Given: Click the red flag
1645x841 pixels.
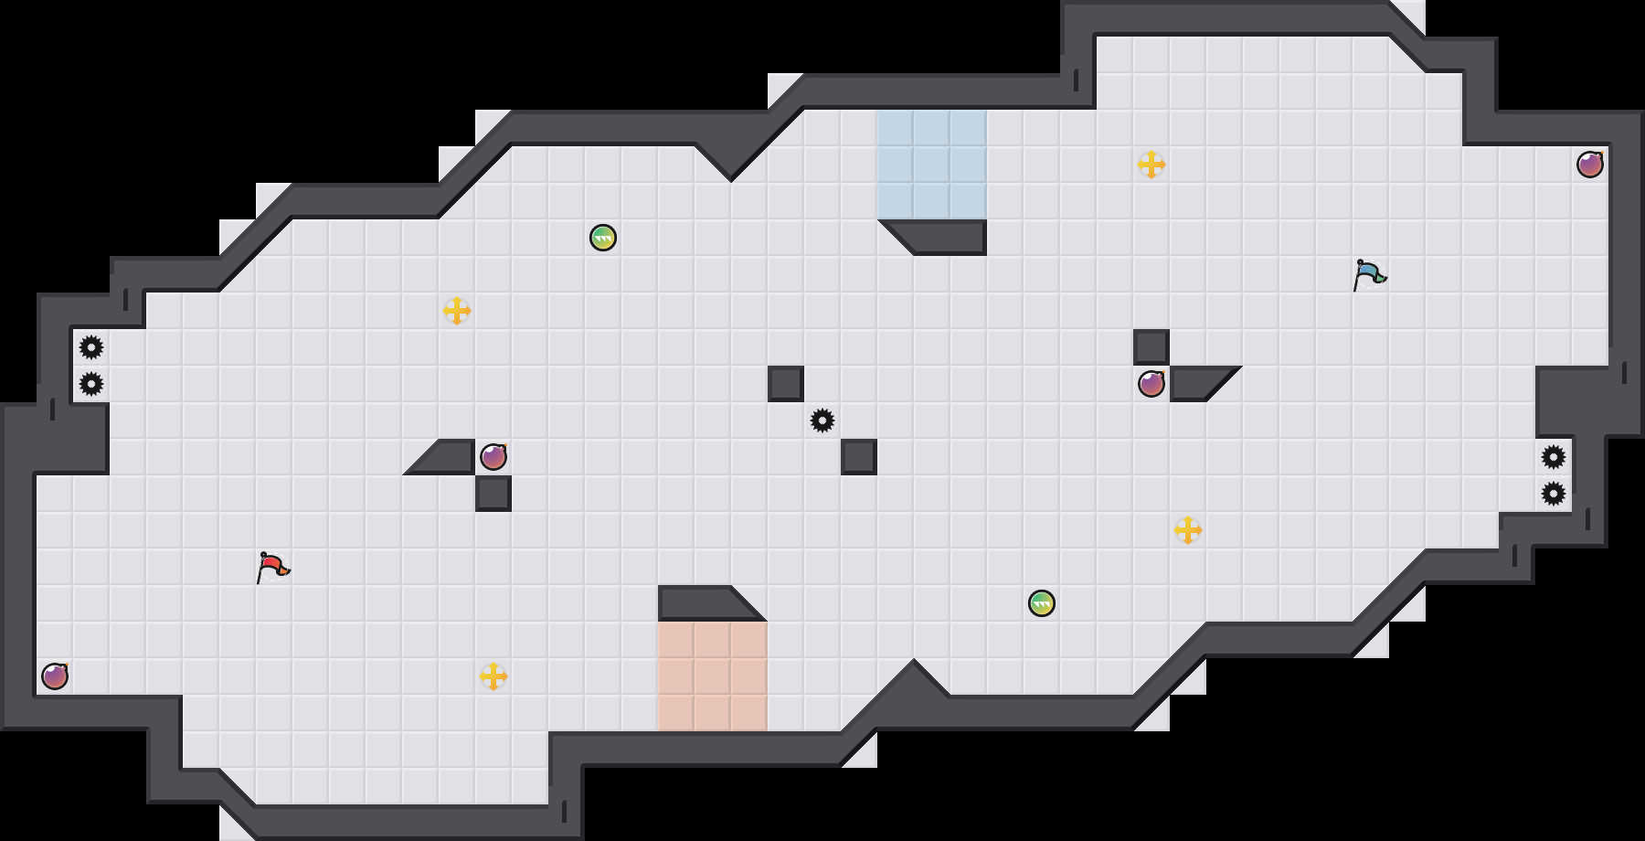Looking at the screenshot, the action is pyautogui.click(x=272, y=567).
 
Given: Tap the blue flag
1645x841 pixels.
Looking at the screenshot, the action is pyautogui.click(x=1369, y=274).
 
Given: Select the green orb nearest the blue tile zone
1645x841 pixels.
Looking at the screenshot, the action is pyautogui.click(x=603, y=238).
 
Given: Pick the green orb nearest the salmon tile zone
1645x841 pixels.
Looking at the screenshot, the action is pyautogui.click(x=1042, y=603).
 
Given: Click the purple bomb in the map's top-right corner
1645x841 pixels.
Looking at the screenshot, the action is pyautogui.click(x=1590, y=165).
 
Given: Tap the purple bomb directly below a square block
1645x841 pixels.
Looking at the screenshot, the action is pyautogui.click(x=1151, y=384).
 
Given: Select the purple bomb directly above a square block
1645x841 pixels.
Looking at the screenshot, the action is pyautogui.click(x=493, y=457).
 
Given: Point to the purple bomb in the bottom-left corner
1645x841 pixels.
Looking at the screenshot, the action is pyautogui.click(x=55, y=676).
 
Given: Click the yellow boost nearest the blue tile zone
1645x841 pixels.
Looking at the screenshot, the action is pyautogui.click(x=1151, y=165).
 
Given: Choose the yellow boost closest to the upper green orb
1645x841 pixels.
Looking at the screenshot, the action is pyautogui.click(x=457, y=311).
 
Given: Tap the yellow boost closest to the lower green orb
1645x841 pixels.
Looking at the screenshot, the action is pyautogui.click(x=1188, y=530).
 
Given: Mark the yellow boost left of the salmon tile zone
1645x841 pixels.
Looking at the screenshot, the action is pyautogui.click(x=493, y=676).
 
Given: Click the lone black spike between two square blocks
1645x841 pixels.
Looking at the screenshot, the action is pyautogui.click(x=822, y=420).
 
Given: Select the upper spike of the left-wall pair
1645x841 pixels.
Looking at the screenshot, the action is pyautogui.click(x=91, y=347).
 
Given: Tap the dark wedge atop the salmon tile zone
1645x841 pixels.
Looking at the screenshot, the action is pyautogui.click(x=704, y=603).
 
